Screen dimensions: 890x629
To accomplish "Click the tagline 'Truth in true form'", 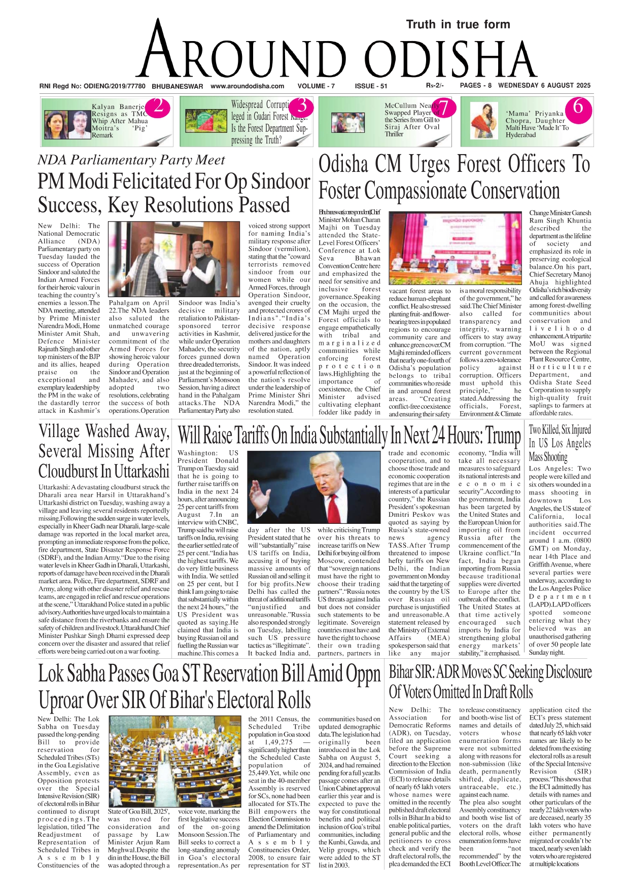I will (x=458, y=24).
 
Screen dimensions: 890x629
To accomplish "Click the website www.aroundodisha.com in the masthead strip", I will (x=247, y=86).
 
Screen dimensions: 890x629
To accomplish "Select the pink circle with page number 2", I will (x=158, y=106).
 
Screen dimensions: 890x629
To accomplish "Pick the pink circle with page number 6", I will (x=578, y=107).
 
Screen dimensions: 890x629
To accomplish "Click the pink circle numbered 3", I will (x=302, y=106).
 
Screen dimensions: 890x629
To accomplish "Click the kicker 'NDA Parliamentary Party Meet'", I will (x=131, y=160).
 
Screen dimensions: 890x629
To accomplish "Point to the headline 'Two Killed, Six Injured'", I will (x=560, y=430).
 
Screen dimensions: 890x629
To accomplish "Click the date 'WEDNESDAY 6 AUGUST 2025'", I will (x=544, y=86).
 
